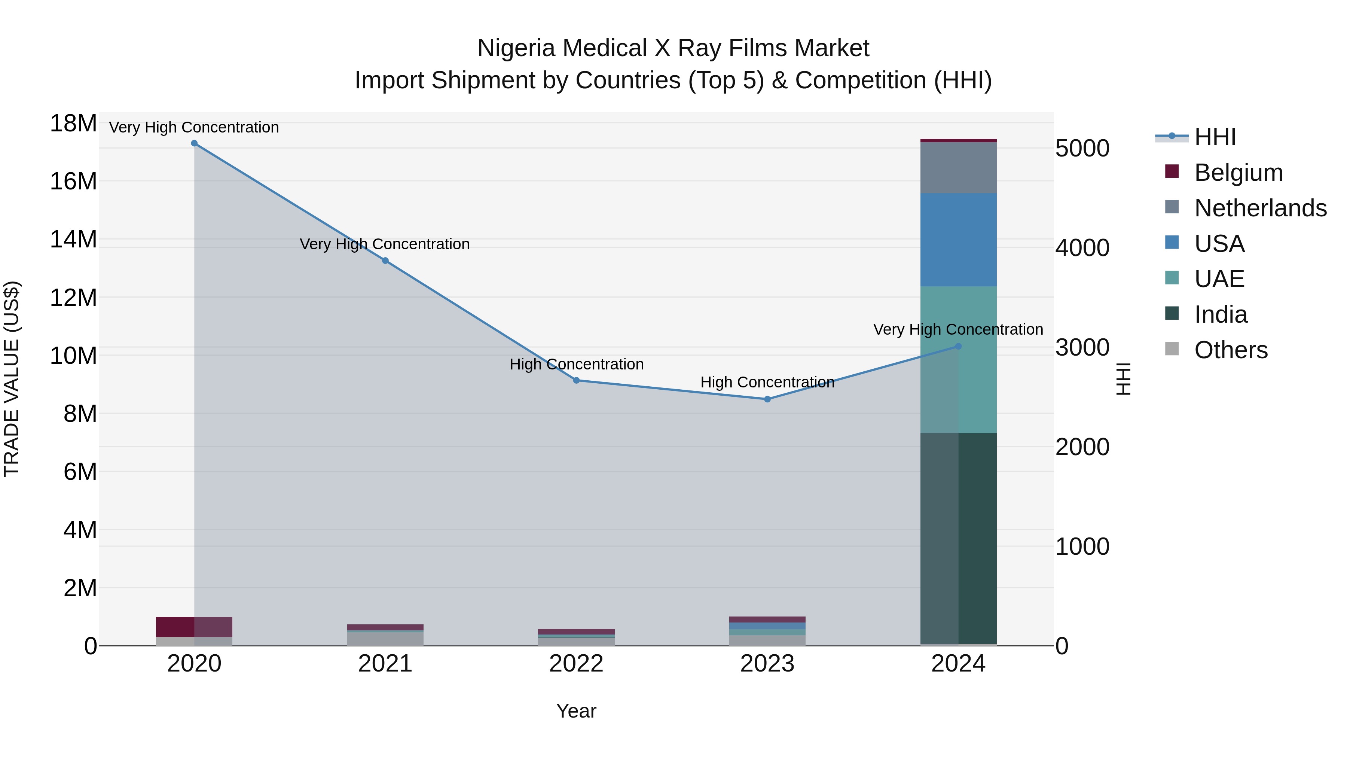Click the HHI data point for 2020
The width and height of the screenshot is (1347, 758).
coord(194,143)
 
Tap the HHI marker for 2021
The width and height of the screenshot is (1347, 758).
coord(385,261)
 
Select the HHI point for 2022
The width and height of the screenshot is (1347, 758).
coord(576,380)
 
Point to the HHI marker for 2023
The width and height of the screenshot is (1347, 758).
coord(767,399)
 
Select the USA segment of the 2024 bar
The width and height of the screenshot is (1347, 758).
coord(959,240)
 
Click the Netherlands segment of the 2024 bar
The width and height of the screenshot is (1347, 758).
coord(959,167)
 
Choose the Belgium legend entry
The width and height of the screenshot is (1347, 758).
coord(1238,173)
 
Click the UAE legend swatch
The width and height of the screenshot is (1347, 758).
coord(1172,278)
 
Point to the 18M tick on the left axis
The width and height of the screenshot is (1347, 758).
coord(73,124)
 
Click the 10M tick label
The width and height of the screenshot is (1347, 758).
coord(73,356)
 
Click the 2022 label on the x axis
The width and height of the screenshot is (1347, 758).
coord(576,664)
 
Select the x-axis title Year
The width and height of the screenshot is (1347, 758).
coord(576,711)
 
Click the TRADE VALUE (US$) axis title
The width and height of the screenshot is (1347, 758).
coord(12,379)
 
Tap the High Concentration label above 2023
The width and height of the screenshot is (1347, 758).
coord(767,383)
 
